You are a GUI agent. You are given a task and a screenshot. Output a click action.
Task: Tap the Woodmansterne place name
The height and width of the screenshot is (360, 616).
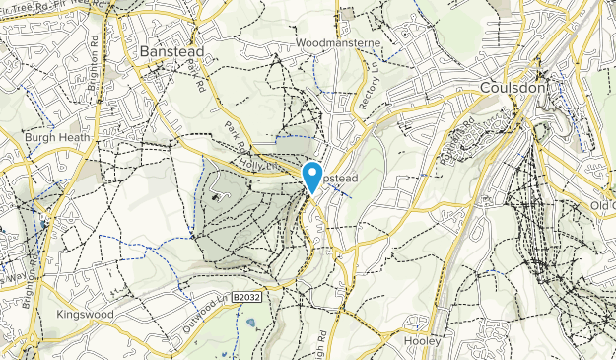pyautogui.click(x=333, y=43)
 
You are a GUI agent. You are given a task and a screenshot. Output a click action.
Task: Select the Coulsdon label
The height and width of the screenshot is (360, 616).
pyautogui.click(x=512, y=87)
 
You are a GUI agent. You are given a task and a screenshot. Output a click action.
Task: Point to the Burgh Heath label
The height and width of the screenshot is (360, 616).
pyautogui.click(x=57, y=137)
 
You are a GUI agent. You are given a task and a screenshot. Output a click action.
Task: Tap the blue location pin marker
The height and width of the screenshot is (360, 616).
pyautogui.click(x=313, y=177)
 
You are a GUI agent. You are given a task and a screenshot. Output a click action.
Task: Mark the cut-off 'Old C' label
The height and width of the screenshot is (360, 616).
pyautogui.click(x=602, y=204)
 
